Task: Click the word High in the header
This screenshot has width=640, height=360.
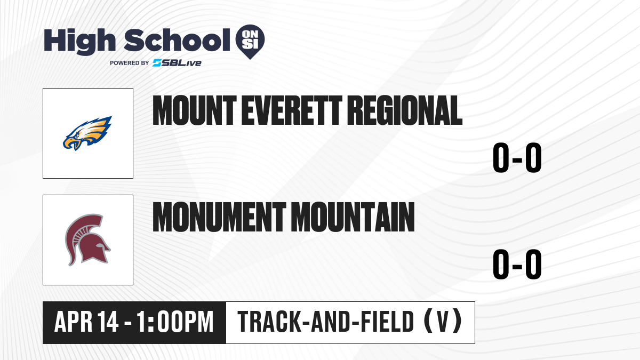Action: pyautogui.click(x=79, y=42)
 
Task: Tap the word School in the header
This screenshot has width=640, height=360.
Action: pyautogui.click(x=177, y=40)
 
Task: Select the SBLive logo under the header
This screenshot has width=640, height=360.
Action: pyautogui.click(x=177, y=63)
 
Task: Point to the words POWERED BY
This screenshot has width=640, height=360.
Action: pyautogui.click(x=130, y=63)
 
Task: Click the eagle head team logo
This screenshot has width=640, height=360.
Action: pyautogui.click(x=87, y=133)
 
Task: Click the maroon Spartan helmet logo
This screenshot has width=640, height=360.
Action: pyautogui.click(x=87, y=239)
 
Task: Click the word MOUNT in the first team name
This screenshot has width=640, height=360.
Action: pyautogui.click(x=195, y=110)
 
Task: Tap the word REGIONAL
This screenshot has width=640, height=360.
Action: pyautogui.click(x=405, y=110)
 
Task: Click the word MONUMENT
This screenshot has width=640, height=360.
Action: pyautogui.click(x=219, y=217)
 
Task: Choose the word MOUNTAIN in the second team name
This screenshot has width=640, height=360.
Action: pyautogui.click(x=353, y=217)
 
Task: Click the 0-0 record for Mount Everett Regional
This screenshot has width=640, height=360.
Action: pyautogui.click(x=517, y=158)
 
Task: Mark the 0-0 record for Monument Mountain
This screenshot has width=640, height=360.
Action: pyautogui.click(x=517, y=265)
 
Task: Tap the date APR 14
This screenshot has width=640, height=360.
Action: pyautogui.click(x=86, y=322)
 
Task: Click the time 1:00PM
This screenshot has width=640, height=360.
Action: pyautogui.click(x=175, y=322)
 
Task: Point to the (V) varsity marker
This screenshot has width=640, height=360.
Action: pyautogui.click(x=443, y=322)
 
